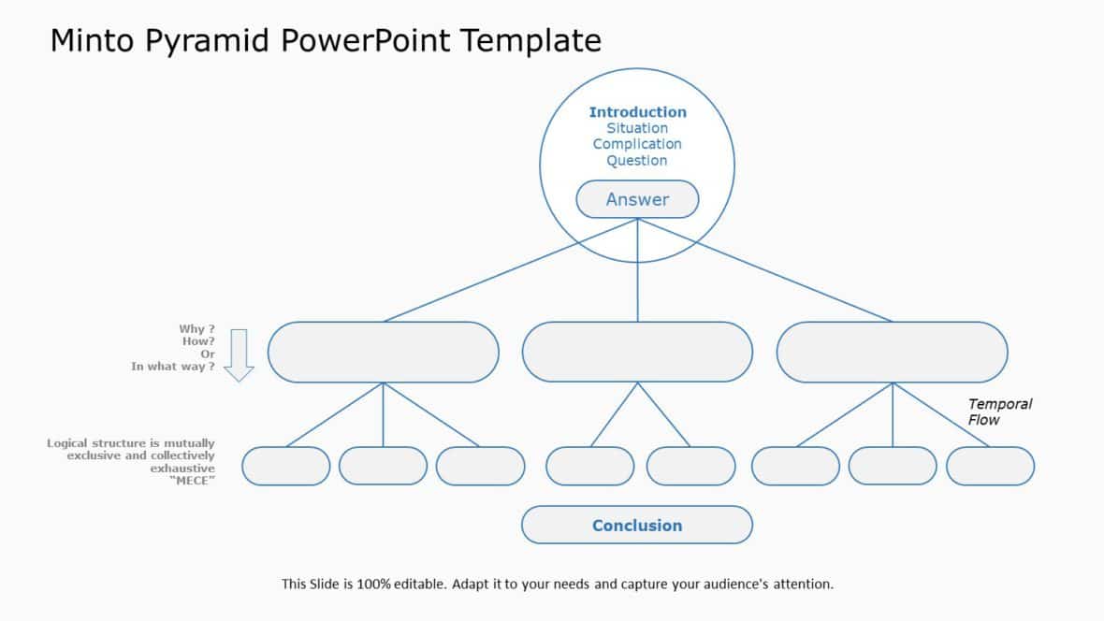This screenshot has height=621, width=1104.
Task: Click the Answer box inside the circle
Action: (637, 199)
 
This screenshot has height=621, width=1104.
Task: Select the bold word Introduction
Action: (637, 112)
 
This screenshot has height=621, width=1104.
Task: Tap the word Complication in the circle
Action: (637, 144)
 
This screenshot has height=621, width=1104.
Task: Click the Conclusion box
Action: (637, 525)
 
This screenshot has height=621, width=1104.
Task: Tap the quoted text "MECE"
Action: (192, 480)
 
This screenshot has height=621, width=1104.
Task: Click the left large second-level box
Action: (383, 352)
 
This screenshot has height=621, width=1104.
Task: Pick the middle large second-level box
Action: (637, 352)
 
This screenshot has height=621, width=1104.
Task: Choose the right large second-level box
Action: (892, 352)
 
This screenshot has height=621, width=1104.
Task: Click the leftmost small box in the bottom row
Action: (286, 466)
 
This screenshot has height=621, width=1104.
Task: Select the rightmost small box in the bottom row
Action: (990, 466)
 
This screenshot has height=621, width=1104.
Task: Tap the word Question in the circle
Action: (637, 160)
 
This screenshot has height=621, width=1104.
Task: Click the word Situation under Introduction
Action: (637, 128)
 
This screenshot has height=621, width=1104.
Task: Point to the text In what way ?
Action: (173, 367)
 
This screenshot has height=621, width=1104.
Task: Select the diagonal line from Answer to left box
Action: (505, 272)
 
